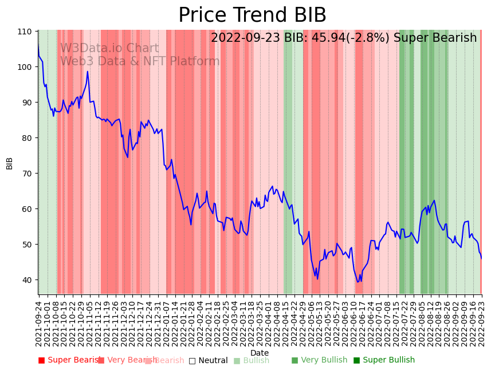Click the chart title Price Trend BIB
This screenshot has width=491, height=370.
pyautogui.click(x=252, y=15)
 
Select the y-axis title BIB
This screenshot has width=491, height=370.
pyautogui.click(x=10, y=163)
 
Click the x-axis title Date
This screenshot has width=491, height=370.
pyautogui.click(x=260, y=353)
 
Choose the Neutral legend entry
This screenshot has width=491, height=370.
pyautogui.click(x=209, y=360)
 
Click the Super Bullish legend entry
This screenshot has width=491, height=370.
pyautogui.click(x=384, y=360)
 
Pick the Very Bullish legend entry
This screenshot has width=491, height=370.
pyautogui.click(x=320, y=360)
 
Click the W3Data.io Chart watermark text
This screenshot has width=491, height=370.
pyautogui.click(x=109, y=49)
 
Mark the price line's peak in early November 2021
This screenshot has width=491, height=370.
pyautogui.click(x=88, y=72)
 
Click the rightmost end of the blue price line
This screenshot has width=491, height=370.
pyautogui.click(x=481, y=258)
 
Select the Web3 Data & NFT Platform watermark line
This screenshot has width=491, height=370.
pyautogui.click(x=140, y=62)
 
